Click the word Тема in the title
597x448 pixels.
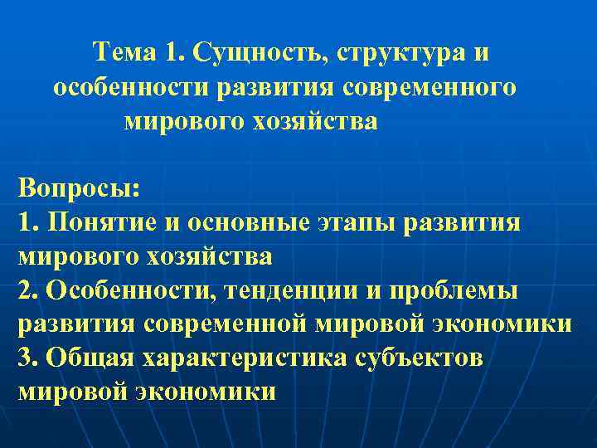pyautogui.click(x=124, y=53)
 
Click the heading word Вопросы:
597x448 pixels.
pyautogui.click(x=79, y=188)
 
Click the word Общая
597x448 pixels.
pyautogui.click(x=91, y=358)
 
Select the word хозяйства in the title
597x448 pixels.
pyautogui.click(x=321, y=122)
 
